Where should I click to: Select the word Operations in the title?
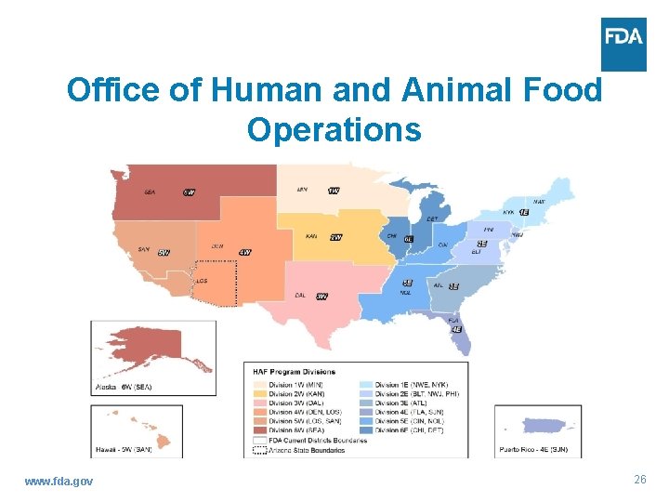(x=334, y=129)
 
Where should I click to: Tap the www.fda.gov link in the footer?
(x=59, y=481)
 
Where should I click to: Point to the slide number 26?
(x=639, y=480)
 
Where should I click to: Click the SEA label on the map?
(x=150, y=192)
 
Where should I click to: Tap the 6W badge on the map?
(x=189, y=192)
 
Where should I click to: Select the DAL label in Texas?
(x=300, y=296)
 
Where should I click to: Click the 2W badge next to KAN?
(x=336, y=237)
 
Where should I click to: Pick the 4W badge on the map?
(x=244, y=252)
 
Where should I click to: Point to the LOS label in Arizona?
(x=202, y=280)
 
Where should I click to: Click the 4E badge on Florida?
(x=455, y=329)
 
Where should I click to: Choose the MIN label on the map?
(x=302, y=190)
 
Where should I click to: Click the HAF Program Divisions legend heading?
(x=292, y=372)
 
